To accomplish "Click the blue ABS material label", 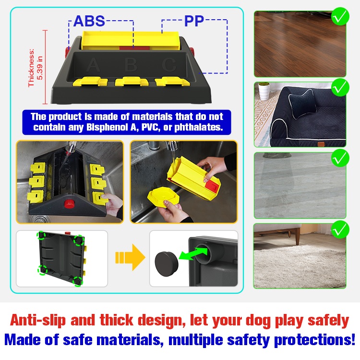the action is click(89, 21).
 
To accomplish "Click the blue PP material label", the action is click(194, 21).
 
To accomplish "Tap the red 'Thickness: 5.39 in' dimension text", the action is click(36, 68).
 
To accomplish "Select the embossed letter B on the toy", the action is click(131, 64).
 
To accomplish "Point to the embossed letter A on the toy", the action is click(94, 65).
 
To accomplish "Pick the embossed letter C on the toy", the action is click(169, 65).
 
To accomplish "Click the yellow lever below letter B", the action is click(132, 82).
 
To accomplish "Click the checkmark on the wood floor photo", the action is click(340, 16).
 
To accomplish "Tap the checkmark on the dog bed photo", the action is click(340, 87).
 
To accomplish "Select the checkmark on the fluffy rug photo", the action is click(340, 229).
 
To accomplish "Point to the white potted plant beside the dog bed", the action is click(264, 91).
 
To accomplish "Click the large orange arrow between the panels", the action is click(130, 257).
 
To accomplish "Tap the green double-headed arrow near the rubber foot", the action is click(193, 253).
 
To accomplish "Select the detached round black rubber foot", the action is click(167, 264).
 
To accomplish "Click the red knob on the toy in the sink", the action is click(69, 204).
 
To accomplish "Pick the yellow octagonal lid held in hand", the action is click(163, 197).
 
